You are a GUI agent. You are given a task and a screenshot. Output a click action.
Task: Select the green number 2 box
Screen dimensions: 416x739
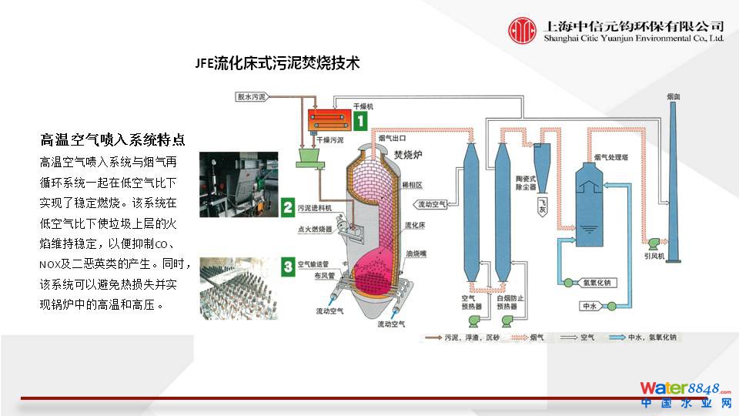(287, 206)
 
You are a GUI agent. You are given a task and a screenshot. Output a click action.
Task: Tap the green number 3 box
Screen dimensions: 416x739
(287, 267)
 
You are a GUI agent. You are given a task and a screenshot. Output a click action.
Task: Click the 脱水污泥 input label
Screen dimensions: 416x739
(251, 97)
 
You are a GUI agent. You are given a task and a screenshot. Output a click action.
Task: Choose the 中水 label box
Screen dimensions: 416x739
(590, 307)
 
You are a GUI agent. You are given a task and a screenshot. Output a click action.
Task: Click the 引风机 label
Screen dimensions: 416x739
(655, 257)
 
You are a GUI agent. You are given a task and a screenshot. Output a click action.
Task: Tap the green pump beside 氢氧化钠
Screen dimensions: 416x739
(571, 281)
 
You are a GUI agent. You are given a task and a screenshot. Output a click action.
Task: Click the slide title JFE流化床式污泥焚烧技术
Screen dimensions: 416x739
(277, 63)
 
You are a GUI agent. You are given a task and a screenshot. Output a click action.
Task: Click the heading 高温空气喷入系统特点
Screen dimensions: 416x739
(112, 140)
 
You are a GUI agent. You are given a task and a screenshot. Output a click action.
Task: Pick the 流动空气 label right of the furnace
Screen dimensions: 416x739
(432, 204)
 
